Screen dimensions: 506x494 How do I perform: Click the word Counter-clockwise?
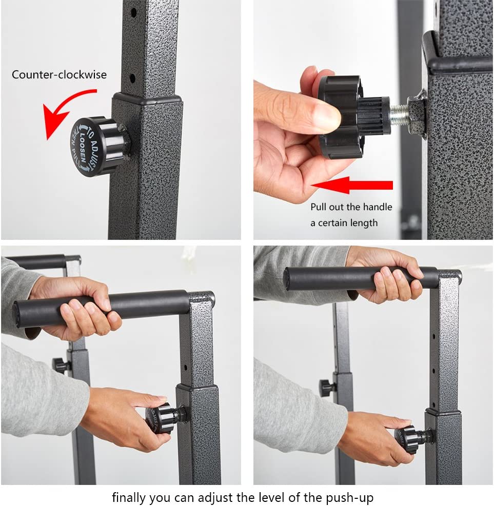(x=60, y=75)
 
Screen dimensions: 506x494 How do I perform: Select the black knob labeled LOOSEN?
(x=97, y=146)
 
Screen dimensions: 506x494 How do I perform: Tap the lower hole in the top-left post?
(x=132, y=78)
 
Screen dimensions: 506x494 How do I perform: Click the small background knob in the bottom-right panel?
(x=327, y=387)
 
